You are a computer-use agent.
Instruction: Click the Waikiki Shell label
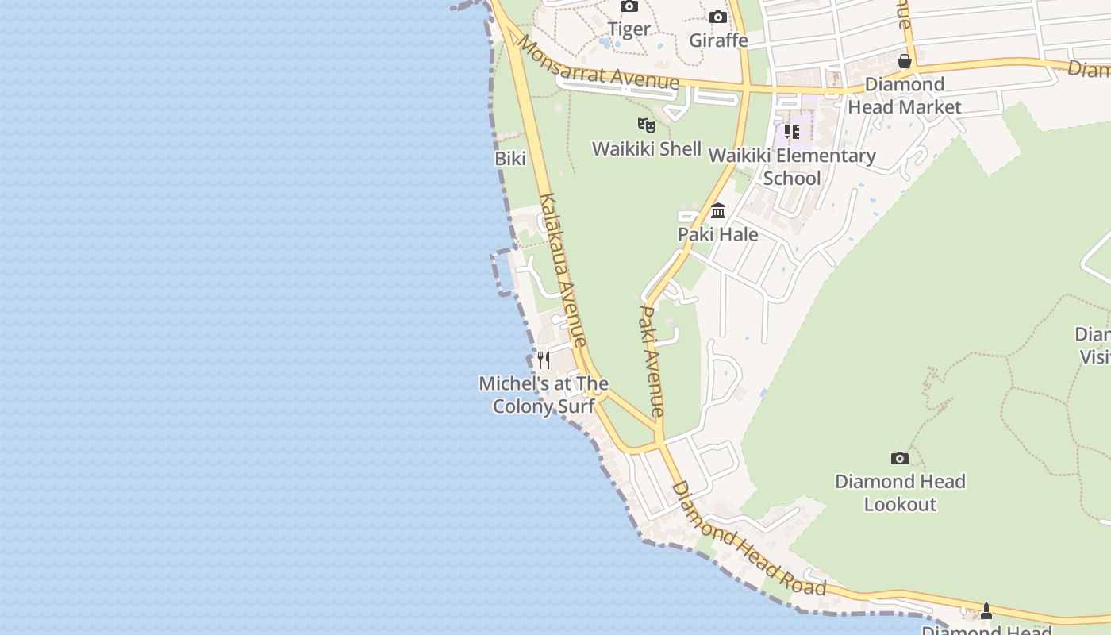click(x=647, y=148)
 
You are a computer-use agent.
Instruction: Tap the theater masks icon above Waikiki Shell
click(x=647, y=125)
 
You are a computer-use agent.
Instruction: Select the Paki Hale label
click(x=718, y=234)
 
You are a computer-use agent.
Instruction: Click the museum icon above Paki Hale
click(x=718, y=211)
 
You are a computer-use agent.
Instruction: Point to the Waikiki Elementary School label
click(x=792, y=167)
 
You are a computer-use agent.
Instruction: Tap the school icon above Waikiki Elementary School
click(x=792, y=132)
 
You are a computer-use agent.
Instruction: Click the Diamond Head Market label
click(x=905, y=95)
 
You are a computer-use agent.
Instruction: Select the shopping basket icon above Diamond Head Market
click(x=905, y=61)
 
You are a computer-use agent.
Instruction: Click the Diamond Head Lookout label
click(x=900, y=492)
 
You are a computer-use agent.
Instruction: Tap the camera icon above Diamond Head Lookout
click(x=900, y=458)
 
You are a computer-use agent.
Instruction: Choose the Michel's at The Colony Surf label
click(x=544, y=394)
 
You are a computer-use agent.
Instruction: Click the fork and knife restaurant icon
click(x=544, y=360)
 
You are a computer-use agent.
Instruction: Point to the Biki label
click(x=510, y=159)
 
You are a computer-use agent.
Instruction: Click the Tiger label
click(x=629, y=29)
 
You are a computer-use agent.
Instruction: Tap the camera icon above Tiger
click(x=629, y=6)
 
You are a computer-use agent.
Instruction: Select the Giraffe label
click(x=718, y=40)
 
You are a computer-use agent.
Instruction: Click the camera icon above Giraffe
click(x=718, y=17)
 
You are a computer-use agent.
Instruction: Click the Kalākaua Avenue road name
click(x=563, y=270)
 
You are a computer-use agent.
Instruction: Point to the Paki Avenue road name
click(x=652, y=361)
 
